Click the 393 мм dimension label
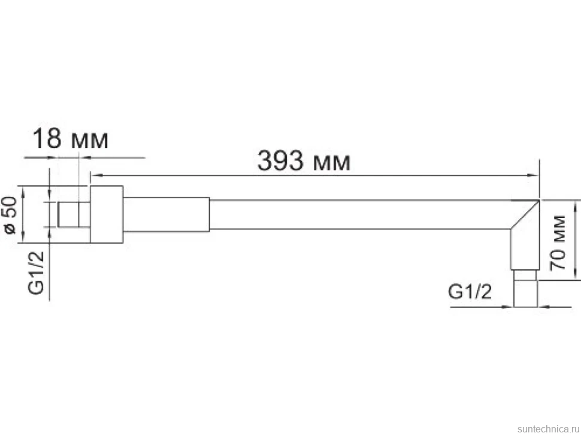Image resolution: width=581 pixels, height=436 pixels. [x=304, y=161]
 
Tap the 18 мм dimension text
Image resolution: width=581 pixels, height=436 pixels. [x=71, y=139]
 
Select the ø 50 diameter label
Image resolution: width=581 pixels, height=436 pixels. [x=10, y=215]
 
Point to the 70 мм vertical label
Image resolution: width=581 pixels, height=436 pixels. [x=558, y=243]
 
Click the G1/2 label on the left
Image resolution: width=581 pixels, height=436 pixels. [x=36, y=272]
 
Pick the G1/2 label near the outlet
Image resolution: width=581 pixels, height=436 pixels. [x=470, y=292]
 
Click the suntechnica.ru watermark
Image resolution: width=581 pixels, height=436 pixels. [x=549, y=429]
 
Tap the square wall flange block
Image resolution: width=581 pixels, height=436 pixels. [x=107, y=214]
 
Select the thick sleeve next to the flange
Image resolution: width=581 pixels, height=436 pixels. [x=167, y=214]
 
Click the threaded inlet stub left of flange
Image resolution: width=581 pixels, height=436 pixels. [x=74, y=214]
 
